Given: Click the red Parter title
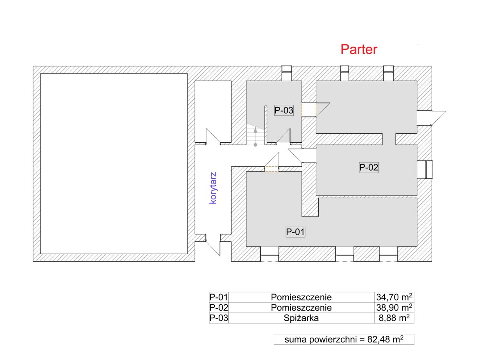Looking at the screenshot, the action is coord(359,49).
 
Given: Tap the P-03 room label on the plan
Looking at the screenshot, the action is coord(284,110).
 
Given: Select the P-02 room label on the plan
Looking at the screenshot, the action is coord(368,167).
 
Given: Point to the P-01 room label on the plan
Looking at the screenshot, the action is coord(295,232).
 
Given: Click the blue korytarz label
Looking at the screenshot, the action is coord(213,188).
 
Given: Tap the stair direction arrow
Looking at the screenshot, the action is coord(256,135).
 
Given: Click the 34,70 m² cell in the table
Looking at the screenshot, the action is coord(394,297).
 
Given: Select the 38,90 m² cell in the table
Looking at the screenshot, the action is coord(394,308).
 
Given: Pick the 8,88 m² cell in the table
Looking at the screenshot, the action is coord(394,318).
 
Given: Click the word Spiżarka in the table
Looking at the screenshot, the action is coord(301,318).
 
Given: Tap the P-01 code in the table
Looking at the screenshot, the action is coord(219,297).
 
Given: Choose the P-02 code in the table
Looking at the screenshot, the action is coord(219,308).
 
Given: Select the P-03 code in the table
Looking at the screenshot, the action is coord(219,318).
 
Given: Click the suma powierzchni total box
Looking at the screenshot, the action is coord(344,339).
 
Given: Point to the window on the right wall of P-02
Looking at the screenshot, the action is coord(429,170).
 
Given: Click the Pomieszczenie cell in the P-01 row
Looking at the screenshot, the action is coord(301,297).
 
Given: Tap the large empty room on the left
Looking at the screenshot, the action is coord(114,164).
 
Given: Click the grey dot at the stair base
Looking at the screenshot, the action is coord(256,145).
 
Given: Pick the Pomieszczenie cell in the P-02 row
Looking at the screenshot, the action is coord(301,308).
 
